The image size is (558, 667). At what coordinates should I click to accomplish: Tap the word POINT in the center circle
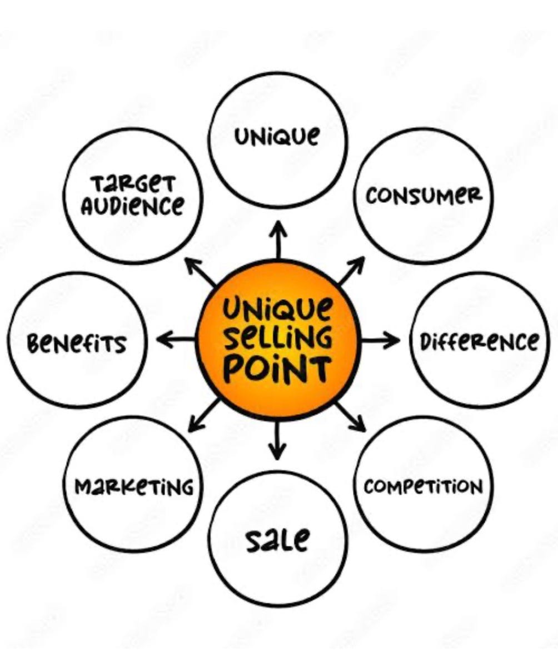point(278,368)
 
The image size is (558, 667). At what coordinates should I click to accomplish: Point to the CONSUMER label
point(424,196)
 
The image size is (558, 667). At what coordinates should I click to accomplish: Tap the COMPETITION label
point(424,486)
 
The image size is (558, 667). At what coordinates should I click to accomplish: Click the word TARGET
point(133,184)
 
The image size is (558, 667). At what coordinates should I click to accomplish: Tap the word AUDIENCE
point(132,206)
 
